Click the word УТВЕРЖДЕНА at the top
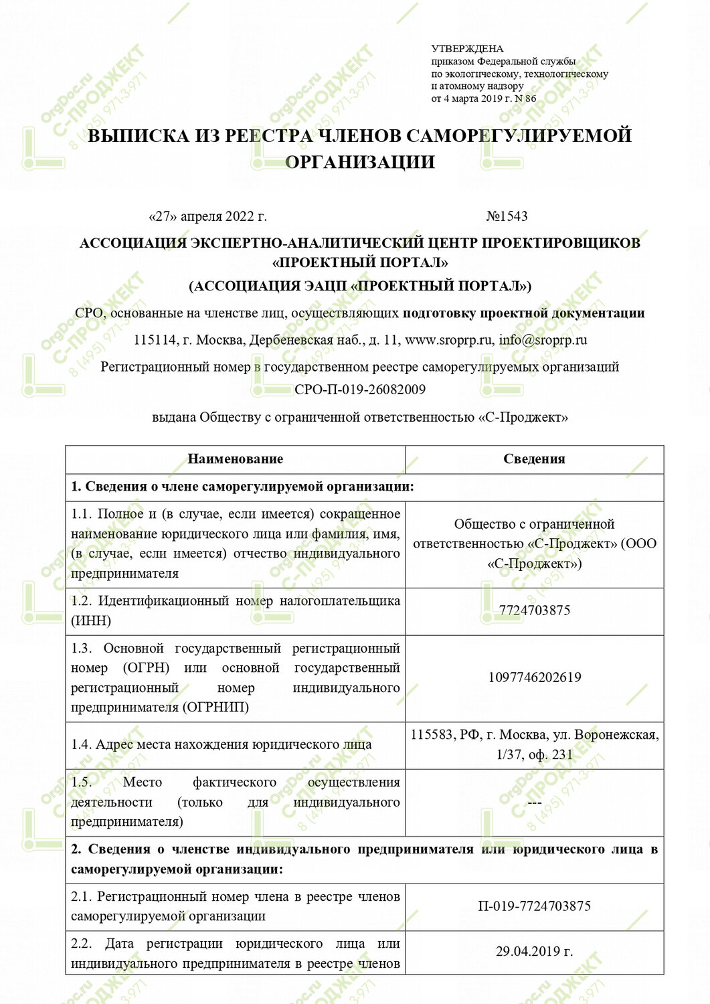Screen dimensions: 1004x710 (467, 49)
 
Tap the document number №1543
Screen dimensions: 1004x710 (507, 216)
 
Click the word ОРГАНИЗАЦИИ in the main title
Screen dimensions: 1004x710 (360, 162)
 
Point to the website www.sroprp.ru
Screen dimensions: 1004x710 (448, 339)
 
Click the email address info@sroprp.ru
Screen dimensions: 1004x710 (543, 339)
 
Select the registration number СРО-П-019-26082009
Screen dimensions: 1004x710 (360, 390)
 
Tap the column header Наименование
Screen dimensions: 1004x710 (235, 459)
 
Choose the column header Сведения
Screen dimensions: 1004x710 (534, 459)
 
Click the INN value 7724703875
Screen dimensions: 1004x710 (534, 610)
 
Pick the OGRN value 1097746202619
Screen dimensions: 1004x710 (534, 677)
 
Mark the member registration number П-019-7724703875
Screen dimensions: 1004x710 (534, 906)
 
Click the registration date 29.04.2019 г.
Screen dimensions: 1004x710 (534, 951)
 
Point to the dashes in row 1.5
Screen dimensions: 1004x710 (534, 802)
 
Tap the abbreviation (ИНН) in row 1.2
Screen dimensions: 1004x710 (91, 620)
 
